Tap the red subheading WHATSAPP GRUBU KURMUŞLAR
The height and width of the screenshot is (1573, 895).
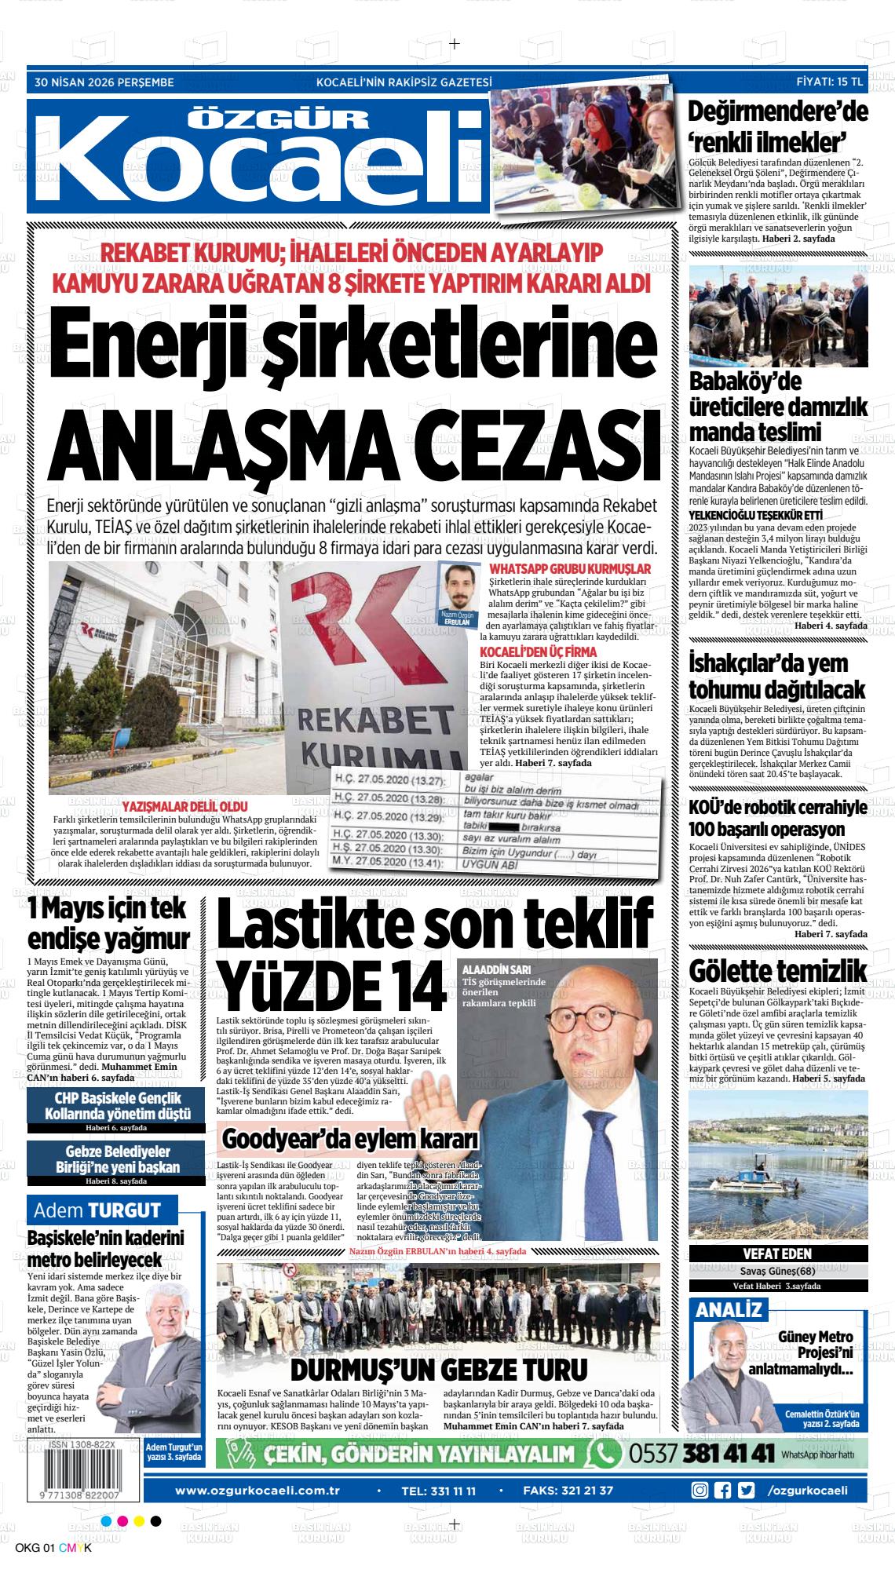click(x=569, y=568)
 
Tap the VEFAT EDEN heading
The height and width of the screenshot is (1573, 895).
click(x=777, y=1254)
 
